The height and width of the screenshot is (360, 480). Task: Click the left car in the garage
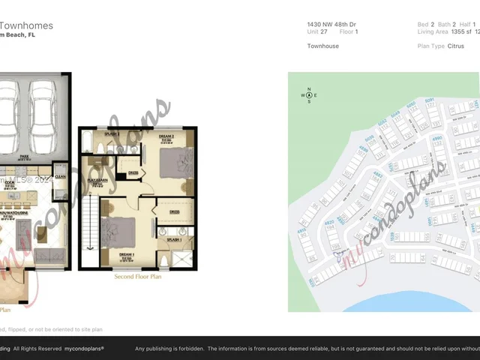click(x=13, y=112)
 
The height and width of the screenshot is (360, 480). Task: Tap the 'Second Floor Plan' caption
click(x=138, y=277)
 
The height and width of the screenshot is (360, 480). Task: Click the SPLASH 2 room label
click(x=112, y=133)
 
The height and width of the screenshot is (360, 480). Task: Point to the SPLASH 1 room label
click(x=175, y=239)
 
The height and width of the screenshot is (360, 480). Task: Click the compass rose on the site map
click(x=309, y=95)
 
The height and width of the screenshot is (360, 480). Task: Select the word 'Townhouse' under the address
click(x=323, y=46)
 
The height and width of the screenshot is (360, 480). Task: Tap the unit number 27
click(x=324, y=32)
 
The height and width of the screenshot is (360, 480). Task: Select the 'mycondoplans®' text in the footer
click(x=83, y=349)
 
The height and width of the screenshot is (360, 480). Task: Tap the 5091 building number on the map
click(x=430, y=100)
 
